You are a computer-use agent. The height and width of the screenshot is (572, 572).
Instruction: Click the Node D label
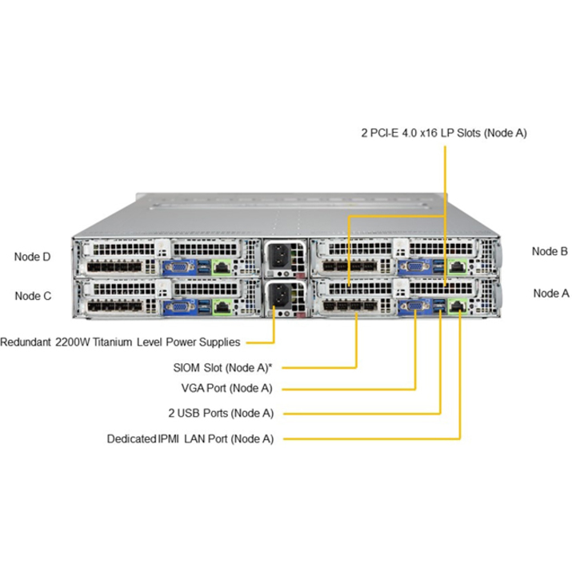click(32, 257)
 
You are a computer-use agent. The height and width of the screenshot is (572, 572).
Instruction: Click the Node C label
click(32, 295)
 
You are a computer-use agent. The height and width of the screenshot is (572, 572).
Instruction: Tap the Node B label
click(550, 251)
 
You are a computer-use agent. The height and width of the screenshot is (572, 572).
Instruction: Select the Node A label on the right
click(550, 293)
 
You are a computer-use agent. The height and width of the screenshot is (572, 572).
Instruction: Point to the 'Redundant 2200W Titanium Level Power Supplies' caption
click(120, 342)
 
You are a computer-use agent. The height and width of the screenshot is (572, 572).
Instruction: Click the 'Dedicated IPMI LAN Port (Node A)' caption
click(190, 438)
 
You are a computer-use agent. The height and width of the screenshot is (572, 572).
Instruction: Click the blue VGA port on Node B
click(416, 268)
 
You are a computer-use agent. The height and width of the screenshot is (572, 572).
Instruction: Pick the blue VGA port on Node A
click(416, 306)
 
